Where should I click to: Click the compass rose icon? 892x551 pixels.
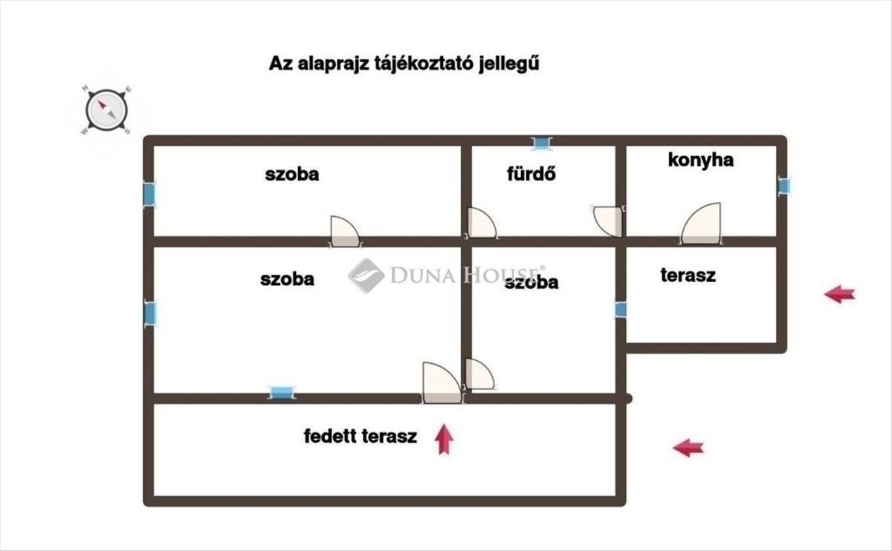[x=107, y=111]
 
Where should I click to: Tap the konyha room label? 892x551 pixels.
[x=700, y=160]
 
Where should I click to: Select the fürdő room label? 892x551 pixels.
[x=531, y=175]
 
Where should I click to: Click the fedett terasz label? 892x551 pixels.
[x=361, y=437]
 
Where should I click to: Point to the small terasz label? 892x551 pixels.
[x=688, y=275]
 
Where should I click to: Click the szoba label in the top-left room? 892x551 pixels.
[x=292, y=175]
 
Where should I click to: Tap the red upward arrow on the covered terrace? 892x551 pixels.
[x=445, y=439]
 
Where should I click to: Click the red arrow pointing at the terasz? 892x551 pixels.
[x=839, y=294]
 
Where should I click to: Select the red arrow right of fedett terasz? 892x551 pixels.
[x=688, y=447]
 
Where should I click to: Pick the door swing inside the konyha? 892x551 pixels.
[x=702, y=224]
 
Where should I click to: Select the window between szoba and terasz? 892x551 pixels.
[x=621, y=310]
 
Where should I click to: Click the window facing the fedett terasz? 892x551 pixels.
[x=281, y=393]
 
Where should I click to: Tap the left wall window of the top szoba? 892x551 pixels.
[x=149, y=195]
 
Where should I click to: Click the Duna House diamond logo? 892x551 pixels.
[x=366, y=275]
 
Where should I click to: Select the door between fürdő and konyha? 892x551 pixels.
[x=609, y=221]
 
